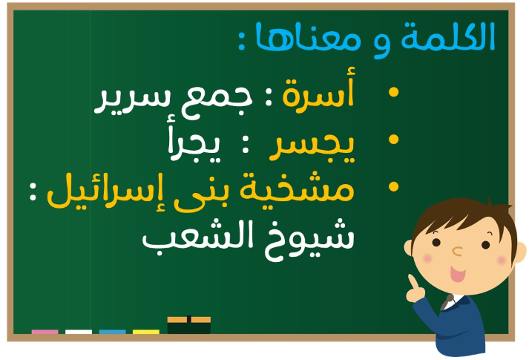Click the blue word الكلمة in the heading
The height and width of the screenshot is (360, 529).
tap(448, 37)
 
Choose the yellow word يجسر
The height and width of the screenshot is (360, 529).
tap(312, 148)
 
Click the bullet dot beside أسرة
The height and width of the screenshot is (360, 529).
tap(393, 92)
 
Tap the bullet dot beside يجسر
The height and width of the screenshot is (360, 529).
tap(393, 140)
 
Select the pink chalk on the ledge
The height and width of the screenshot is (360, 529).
tap(45, 332)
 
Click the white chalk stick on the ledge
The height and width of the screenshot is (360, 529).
tap(79, 332)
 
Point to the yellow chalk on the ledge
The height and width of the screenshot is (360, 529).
tap(146, 332)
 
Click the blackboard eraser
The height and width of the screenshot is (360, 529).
tap(189, 325)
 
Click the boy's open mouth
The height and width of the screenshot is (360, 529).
tap(458, 274)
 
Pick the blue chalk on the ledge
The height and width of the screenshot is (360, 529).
tap(112, 332)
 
